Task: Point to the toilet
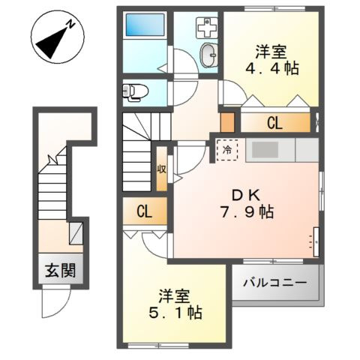tap(136, 92)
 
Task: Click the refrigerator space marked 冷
tap(227, 150)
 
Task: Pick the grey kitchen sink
tap(263, 149)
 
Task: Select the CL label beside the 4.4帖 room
tap(274, 123)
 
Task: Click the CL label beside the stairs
tap(145, 211)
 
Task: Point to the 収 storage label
tap(161, 169)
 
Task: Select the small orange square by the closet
tap(226, 121)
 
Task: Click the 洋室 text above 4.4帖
tap(270, 52)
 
